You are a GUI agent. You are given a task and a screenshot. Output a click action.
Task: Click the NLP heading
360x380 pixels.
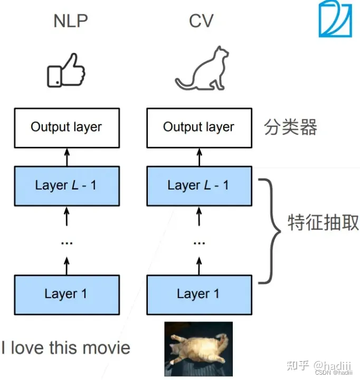click(x=71, y=21)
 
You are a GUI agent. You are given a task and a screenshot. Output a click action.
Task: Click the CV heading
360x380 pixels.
click(x=201, y=21)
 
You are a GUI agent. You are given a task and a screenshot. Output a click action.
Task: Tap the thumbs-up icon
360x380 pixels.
click(x=66, y=70)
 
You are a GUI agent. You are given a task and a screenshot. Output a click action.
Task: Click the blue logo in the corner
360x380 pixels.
click(x=335, y=19)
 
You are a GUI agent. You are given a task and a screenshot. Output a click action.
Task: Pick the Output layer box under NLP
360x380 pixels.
click(x=67, y=128)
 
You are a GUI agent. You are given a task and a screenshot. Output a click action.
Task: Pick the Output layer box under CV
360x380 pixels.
click(x=200, y=128)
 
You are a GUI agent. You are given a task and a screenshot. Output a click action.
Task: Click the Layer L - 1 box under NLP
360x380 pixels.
click(x=67, y=186)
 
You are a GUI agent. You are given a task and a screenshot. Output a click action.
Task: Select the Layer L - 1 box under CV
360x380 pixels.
click(x=200, y=186)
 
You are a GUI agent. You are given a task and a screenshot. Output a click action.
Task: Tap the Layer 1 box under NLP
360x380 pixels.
click(x=67, y=294)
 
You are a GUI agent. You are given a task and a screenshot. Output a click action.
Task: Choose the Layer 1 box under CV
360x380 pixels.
click(x=200, y=294)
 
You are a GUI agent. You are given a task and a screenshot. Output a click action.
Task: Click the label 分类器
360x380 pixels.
click(x=290, y=127)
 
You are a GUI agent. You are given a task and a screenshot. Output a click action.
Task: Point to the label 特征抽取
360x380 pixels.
click(x=323, y=222)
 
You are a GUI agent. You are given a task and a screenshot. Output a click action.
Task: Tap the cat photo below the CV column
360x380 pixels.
click(x=198, y=349)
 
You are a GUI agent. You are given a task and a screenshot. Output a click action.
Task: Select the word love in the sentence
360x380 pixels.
click(x=28, y=347)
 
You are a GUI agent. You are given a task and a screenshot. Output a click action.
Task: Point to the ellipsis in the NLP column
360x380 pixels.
click(x=67, y=243)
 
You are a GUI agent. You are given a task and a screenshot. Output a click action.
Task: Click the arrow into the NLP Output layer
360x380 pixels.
click(x=67, y=157)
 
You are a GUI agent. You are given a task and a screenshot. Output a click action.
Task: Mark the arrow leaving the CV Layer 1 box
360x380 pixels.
click(x=199, y=266)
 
